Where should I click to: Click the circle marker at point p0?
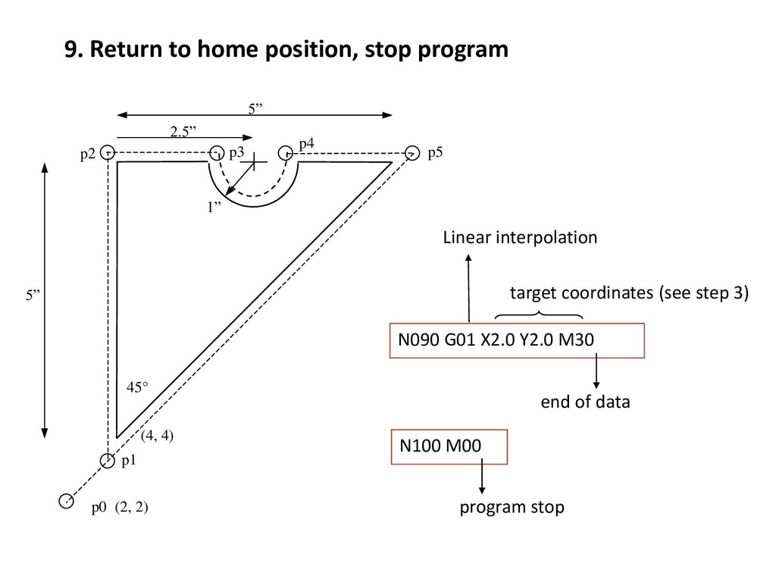[x=67, y=501]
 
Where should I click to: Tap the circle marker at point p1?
[x=108, y=459]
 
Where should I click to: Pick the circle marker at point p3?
[x=217, y=152]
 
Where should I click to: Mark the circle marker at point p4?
[x=286, y=152]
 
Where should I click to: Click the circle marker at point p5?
[x=412, y=152]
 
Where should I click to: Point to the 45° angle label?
[x=136, y=387]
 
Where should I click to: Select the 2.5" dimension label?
[x=182, y=131]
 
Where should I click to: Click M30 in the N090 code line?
[x=576, y=340]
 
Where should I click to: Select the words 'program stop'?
[x=512, y=507]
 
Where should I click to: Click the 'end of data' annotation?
[x=584, y=402]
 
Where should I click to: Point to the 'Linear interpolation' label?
[x=520, y=238]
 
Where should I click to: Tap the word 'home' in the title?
[x=224, y=50]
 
